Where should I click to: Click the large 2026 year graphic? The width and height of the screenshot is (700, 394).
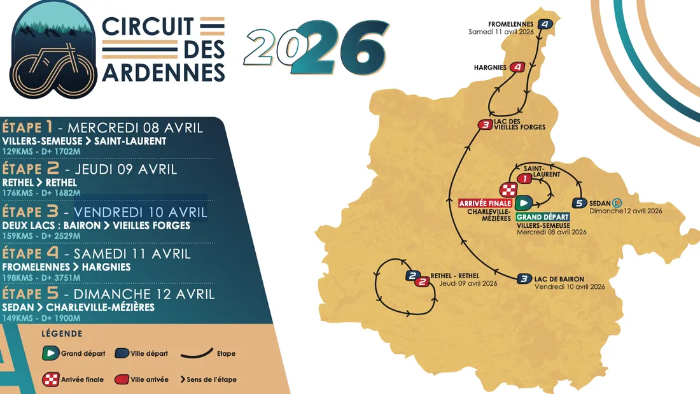316,49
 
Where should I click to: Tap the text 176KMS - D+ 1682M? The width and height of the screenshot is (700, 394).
42,193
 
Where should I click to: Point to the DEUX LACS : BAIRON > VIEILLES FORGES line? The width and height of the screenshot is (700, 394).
96,225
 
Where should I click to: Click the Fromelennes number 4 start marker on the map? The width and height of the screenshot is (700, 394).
545,24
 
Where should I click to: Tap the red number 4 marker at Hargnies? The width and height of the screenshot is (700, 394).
518,67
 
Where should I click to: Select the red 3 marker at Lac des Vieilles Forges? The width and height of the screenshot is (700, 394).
486,125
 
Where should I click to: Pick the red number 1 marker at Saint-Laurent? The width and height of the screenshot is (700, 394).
524,179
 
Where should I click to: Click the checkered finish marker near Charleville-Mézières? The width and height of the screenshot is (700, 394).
508,190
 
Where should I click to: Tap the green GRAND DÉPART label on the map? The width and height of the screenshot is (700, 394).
543,217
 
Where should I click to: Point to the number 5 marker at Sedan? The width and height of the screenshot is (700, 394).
578,203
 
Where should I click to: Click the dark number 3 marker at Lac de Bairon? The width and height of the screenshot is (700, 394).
523,278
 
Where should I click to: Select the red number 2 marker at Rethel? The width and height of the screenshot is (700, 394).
421,281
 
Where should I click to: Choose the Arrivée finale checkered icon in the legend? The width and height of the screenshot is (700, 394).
51,379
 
